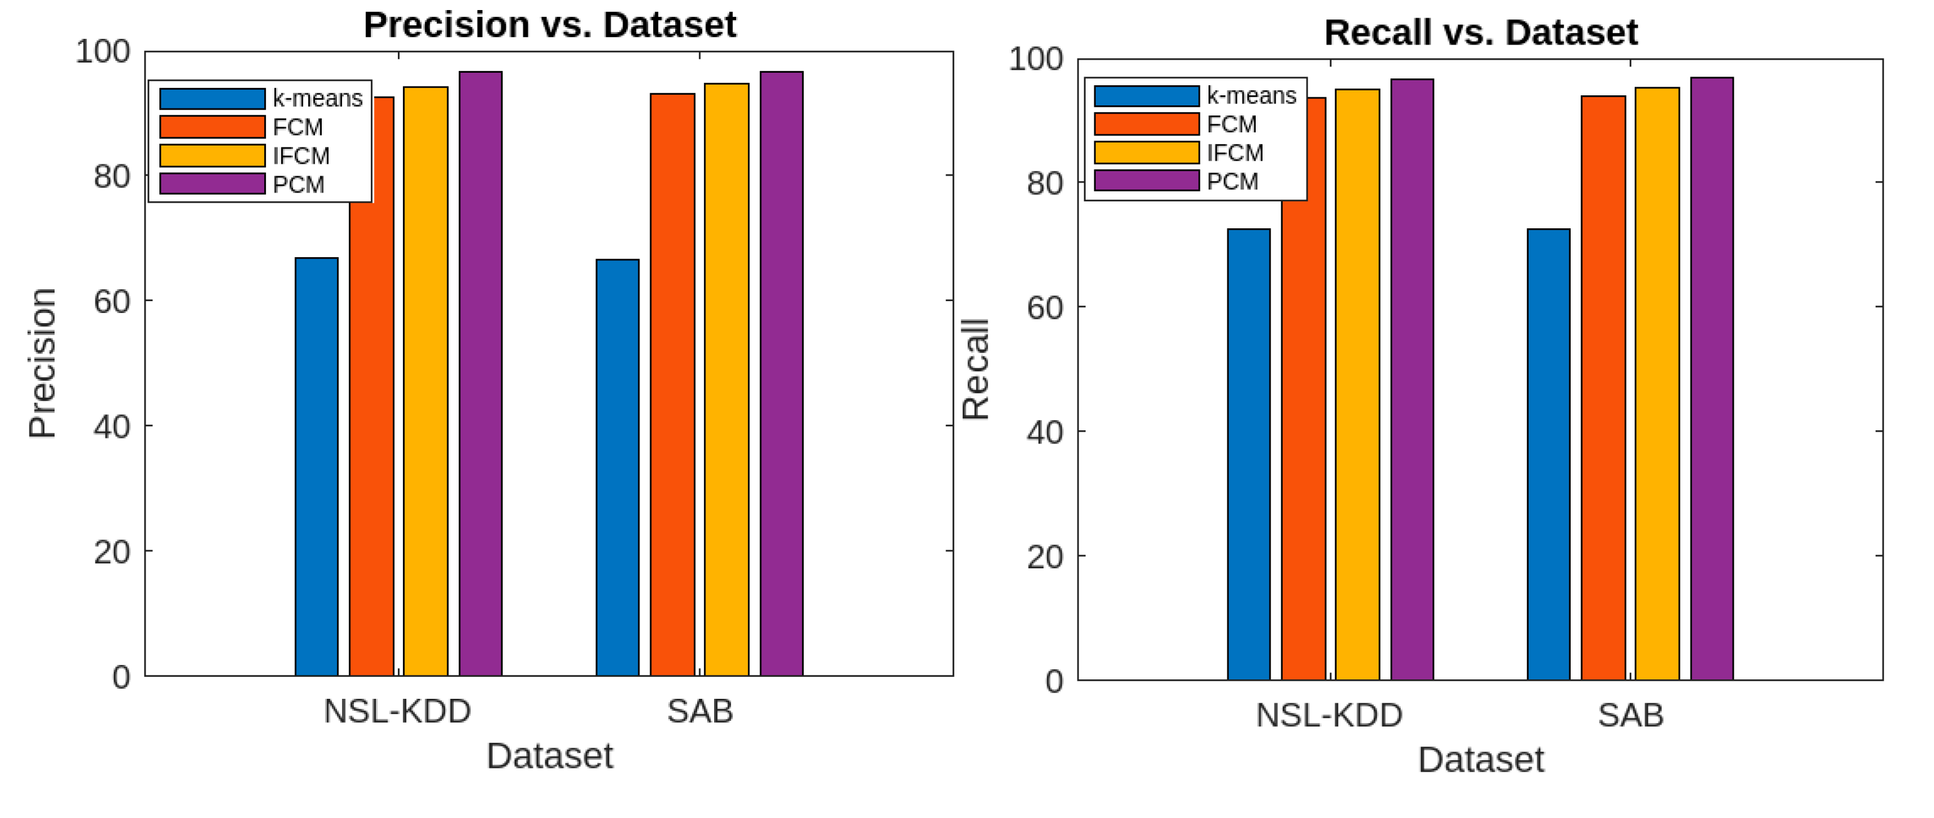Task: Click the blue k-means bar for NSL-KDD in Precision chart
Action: (x=316, y=467)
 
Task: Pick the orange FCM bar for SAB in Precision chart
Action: (x=672, y=385)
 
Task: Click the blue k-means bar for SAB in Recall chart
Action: (x=1548, y=455)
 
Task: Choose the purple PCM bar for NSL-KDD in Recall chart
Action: (x=1411, y=380)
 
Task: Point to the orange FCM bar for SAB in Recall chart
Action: (x=1603, y=388)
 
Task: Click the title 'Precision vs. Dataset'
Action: (x=550, y=24)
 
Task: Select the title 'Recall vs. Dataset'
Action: (x=1480, y=32)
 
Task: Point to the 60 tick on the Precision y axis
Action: (x=112, y=302)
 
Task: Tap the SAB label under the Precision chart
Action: (x=700, y=711)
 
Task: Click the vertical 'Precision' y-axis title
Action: (x=43, y=363)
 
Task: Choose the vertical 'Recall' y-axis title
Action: (x=976, y=369)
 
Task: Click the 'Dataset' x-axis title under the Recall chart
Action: (x=1480, y=760)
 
